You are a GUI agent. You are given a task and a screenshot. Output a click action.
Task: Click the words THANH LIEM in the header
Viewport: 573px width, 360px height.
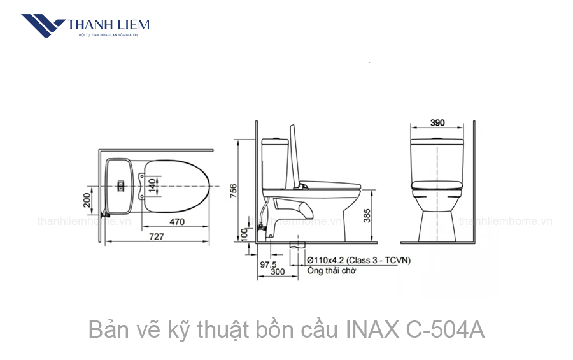(108, 24)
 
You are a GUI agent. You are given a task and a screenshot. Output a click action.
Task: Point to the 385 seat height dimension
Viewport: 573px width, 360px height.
(367, 217)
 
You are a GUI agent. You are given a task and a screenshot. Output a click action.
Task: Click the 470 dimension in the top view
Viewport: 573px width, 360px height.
(176, 222)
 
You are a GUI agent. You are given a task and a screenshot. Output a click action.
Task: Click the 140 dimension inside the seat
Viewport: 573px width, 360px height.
(152, 186)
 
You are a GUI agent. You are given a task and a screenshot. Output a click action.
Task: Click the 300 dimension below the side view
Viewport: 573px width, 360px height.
(277, 272)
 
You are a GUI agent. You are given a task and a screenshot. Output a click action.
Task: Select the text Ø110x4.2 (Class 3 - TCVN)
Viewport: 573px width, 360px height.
(358, 260)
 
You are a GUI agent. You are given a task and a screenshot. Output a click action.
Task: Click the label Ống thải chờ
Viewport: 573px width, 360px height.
(331, 270)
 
